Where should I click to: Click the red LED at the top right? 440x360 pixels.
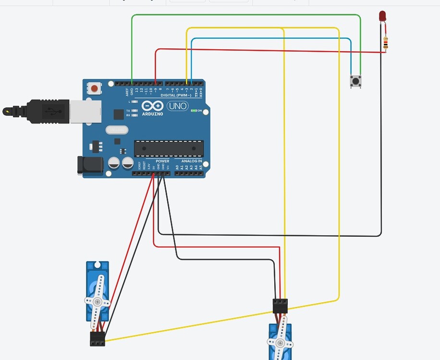383,16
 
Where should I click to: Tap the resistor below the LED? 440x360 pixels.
385,43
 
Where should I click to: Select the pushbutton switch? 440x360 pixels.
356,81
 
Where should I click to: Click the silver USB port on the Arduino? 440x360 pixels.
86,111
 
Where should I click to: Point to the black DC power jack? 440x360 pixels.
90,165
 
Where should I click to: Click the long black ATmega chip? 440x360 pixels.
168,149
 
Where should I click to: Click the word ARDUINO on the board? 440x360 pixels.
153,114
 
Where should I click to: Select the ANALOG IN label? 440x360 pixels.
192,161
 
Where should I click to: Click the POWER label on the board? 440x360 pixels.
162,161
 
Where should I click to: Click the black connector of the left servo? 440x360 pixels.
98,339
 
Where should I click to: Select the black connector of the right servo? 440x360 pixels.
280,306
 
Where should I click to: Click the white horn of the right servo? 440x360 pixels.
280,342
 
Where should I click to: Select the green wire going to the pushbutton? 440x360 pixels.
245,15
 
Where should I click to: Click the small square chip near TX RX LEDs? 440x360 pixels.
118,114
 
